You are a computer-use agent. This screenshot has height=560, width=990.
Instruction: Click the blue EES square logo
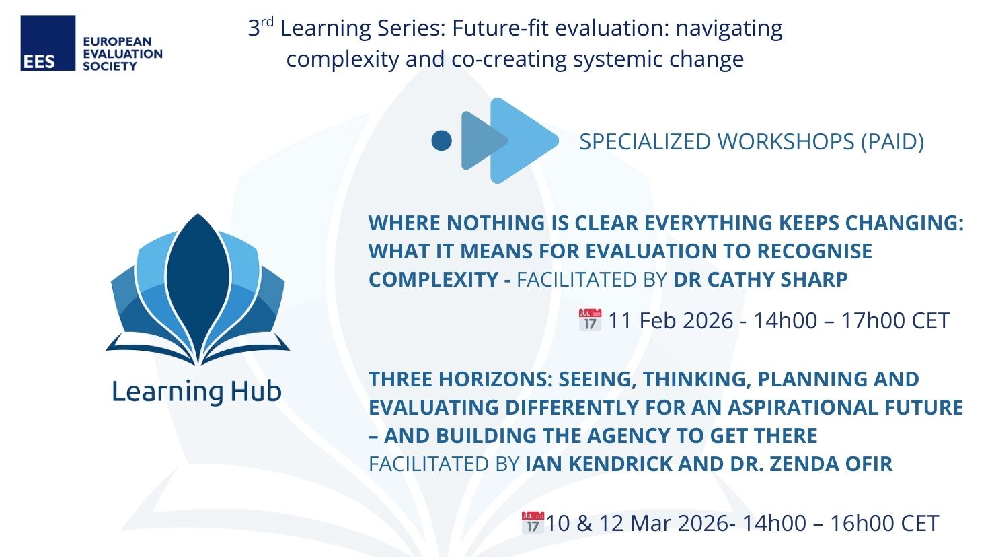coord(48,43)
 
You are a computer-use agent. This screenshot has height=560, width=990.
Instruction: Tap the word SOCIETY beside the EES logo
coord(110,67)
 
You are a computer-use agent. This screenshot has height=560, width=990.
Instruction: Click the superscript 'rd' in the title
coord(267,22)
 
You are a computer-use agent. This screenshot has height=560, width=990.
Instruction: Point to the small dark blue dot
coord(441,141)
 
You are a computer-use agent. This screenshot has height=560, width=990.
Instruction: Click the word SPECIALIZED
coord(644,142)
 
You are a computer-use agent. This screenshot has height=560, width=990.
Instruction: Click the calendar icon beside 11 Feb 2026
coord(590,320)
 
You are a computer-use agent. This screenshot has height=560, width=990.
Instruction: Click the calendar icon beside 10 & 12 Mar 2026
coord(533,522)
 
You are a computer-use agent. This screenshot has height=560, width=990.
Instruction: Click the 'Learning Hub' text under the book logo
coord(196,392)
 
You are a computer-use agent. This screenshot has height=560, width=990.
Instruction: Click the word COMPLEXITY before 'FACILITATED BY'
coord(434,279)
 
